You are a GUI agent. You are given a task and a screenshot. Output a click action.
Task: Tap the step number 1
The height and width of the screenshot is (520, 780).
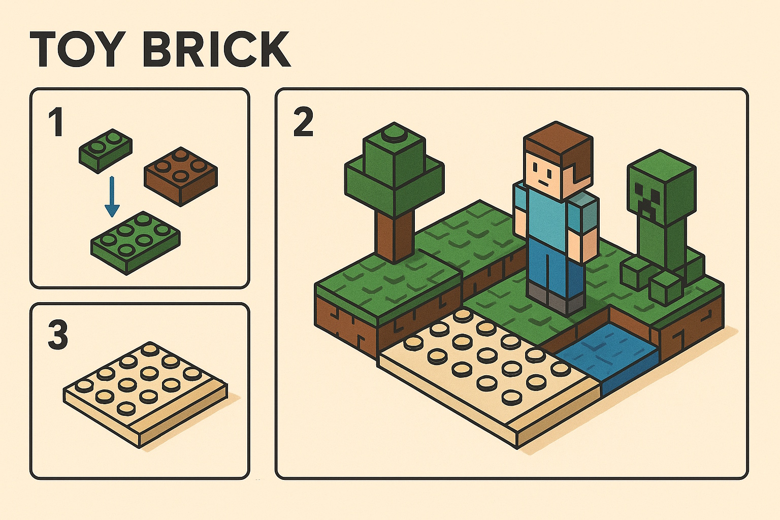(55, 123)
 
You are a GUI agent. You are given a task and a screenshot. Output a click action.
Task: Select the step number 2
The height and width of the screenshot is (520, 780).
(303, 123)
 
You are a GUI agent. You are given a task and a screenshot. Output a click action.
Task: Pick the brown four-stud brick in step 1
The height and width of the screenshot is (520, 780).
(181, 175)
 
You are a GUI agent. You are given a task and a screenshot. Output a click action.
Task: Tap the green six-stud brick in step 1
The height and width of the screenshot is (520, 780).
(135, 242)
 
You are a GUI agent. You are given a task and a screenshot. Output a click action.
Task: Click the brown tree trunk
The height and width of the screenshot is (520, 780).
(395, 234)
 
